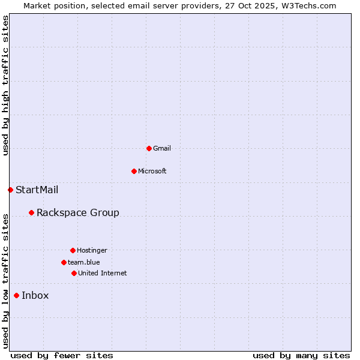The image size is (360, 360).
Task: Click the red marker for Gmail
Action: pyautogui.click(x=149, y=148)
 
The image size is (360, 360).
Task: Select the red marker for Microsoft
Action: pyautogui.click(x=134, y=171)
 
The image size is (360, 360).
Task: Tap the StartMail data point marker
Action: pyautogui.click(x=10, y=190)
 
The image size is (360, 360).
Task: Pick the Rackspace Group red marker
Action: pyautogui.click(x=31, y=212)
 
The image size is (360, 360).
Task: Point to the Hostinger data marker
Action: pyautogui.click(x=73, y=250)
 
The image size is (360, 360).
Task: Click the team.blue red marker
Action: pyautogui.click(x=64, y=262)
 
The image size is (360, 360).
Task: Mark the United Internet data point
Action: pyautogui.click(x=74, y=273)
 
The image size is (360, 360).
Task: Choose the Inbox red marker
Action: pyautogui.click(x=16, y=295)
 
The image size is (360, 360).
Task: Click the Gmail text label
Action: pyautogui.click(x=162, y=148)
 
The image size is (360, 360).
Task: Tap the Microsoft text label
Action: pyautogui.click(x=152, y=171)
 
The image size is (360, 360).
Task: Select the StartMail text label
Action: pyautogui.click(x=37, y=190)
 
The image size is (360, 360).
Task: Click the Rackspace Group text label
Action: pyautogui.click(x=78, y=212)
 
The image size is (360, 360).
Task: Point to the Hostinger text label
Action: pyautogui.click(x=92, y=250)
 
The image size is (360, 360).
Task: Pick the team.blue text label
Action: pyautogui.click(x=84, y=262)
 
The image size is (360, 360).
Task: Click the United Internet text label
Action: pyautogui.click(x=103, y=273)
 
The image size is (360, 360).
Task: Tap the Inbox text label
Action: pyautogui.click(x=35, y=295)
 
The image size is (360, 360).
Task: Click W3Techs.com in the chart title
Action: pyautogui.click(x=309, y=5)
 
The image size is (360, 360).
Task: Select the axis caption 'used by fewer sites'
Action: pyautogui.click(x=62, y=355)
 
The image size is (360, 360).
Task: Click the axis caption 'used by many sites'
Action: pyautogui.click(x=301, y=355)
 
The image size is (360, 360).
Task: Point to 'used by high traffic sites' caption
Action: pyautogui.click(x=5, y=86)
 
